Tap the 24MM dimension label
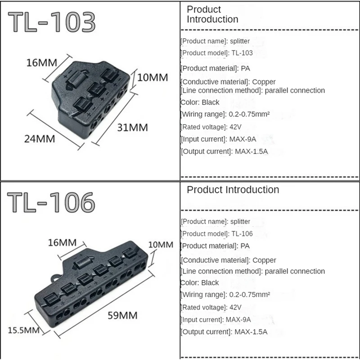coord(40,139)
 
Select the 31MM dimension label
coord(132,127)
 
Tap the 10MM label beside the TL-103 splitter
coord(153,77)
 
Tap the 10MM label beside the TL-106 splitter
coord(160,245)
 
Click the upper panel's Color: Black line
coord(200,102)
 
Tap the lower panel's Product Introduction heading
coord(233,190)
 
